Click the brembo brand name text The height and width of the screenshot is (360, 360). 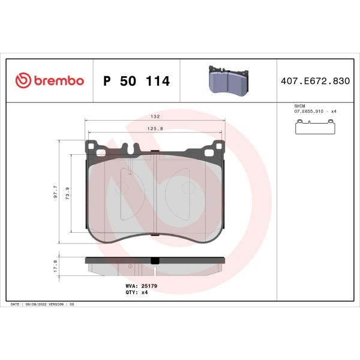tap(58, 81)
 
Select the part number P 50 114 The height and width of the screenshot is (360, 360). tap(137, 81)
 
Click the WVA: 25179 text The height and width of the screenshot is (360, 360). tap(142, 286)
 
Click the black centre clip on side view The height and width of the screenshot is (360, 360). tap(155, 260)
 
